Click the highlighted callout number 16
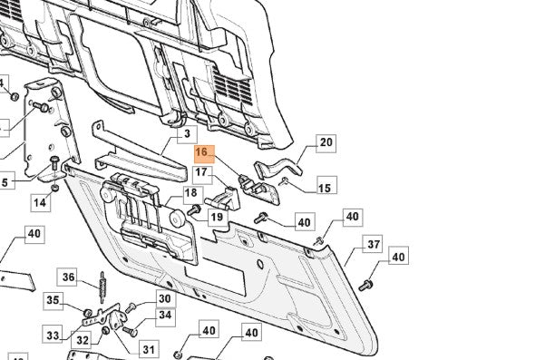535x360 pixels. click(204, 154)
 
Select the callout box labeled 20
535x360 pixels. click(326, 143)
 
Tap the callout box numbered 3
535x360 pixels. click(187, 134)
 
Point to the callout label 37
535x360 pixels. click(373, 244)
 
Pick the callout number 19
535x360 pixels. click(218, 217)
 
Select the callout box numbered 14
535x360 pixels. click(40, 203)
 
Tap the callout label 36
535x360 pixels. click(67, 277)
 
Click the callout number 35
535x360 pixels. click(53, 301)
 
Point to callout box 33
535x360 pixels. click(53, 335)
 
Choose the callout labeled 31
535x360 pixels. click(149, 349)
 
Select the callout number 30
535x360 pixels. click(165, 299)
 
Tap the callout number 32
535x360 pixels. click(83, 340)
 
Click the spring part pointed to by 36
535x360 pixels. click(102, 287)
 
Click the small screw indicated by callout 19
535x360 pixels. click(194, 209)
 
